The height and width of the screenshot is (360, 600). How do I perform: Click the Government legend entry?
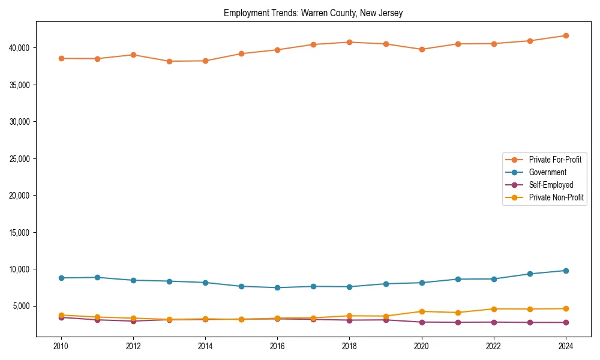pos(547,172)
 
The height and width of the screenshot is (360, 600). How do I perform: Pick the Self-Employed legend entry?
pos(551,185)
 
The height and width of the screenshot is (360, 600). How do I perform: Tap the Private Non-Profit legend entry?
pos(556,197)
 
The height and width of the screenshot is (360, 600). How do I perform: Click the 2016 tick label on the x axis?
pos(277,346)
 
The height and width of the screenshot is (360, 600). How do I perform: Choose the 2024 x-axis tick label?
pos(566,346)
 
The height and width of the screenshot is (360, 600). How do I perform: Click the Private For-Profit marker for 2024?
pos(566,35)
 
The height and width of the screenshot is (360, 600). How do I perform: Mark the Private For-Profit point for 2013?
pos(169,61)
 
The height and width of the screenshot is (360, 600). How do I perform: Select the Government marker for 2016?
pos(277,287)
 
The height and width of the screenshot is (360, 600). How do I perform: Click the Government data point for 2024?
pos(566,271)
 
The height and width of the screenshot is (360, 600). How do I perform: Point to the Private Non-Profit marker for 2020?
pos(422,311)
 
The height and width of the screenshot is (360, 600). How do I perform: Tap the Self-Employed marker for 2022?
pos(494,322)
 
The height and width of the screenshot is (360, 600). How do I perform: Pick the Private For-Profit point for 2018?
pos(349,42)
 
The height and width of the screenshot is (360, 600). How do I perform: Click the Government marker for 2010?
pos(61,278)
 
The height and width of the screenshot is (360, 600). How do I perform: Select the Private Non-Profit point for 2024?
pos(566,308)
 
